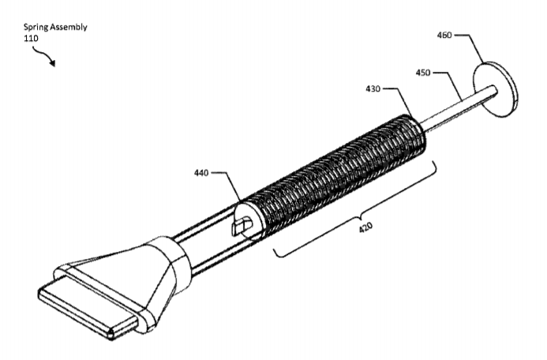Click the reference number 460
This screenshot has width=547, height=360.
(x=444, y=36)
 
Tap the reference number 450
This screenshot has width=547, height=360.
(x=423, y=73)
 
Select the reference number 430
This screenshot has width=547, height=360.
(x=373, y=89)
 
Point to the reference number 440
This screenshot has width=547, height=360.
(x=201, y=173)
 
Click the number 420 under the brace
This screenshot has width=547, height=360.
(x=365, y=227)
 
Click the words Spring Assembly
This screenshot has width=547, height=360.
(x=55, y=27)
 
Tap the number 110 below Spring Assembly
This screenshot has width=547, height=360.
(x=31, y=39)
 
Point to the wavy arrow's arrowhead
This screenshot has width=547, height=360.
(x=52, y=63)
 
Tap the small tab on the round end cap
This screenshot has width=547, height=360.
(x=242, y=225)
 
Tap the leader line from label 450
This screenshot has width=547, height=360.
(x=449, y=87)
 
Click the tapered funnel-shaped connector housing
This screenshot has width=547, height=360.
(x=140, y=276)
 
